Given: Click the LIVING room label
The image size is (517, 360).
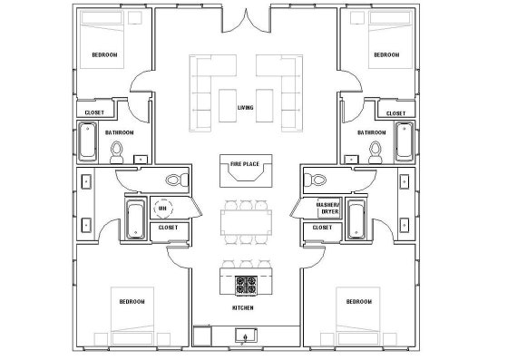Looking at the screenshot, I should [x=245, y=108].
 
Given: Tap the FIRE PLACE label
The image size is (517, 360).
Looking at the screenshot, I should [x=245, y=164].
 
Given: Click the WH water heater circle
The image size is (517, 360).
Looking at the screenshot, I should [x=163, y=209].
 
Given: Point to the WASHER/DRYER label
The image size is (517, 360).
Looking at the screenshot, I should [x=327, y=209].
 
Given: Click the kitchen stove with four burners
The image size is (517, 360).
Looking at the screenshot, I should [x=246, y=286].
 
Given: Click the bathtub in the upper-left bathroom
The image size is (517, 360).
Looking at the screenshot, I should [x=88, y=141].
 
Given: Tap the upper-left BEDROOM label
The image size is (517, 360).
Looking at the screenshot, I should [x=104, y=55].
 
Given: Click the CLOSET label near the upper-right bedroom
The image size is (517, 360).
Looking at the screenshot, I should [x=395, y=113].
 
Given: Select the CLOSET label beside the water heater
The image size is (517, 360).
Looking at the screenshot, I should [x=168, y=228].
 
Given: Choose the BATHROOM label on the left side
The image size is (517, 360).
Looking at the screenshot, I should [x=119, y=133].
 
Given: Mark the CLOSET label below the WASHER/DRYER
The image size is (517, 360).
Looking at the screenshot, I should [x=322, y=228].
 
